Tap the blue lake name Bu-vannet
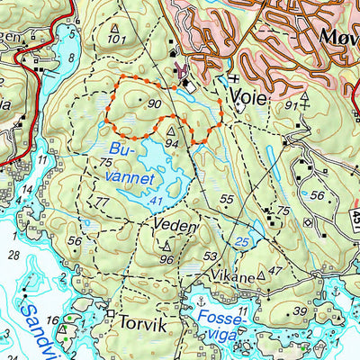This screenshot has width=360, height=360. pos(125,162)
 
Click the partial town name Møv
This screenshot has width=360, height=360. pos(338,35)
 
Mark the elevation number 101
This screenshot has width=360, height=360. pos(115,40)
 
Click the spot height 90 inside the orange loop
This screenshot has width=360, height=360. pos(155,105)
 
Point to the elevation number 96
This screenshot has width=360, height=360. pos(166,259)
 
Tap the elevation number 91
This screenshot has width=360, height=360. pos(289,105)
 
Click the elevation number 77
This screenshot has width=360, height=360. pos(101,203)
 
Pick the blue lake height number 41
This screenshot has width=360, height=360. pos(157,200)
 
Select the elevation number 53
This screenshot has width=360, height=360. pos(211,257)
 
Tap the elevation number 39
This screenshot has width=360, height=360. pos(300,311)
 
